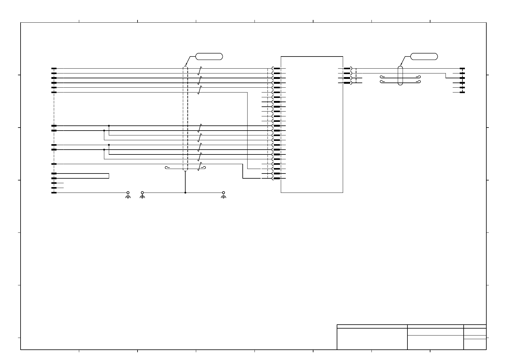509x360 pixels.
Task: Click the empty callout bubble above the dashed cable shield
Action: [x=209, y=56]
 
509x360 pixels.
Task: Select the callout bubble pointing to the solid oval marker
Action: [x=424, y=56]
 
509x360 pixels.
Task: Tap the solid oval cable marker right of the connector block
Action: [x=400, y=76]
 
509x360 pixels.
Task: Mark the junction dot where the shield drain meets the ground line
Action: [x=185, y=193]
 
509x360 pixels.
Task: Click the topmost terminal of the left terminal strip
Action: [x=54, y=69]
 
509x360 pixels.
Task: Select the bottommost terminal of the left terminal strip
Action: [x=54, y=193]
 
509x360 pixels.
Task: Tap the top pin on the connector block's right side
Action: [x=347, y=69]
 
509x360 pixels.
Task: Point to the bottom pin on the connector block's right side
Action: [x=347, y=83]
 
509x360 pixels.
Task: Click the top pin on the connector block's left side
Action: [x=277, y=69]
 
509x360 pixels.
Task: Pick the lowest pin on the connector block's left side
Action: [x=277, y=178]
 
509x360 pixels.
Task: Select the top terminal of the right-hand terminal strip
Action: [x=462, y=69]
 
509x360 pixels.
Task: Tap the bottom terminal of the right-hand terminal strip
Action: [x=462, y=92]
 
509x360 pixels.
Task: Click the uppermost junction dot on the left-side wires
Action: [x=109, y=126]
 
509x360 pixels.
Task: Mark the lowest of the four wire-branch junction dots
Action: [x=104, y=149]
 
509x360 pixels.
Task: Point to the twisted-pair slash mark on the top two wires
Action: [x=199, y=71]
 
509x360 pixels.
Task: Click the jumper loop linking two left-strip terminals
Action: [x=109, y=176]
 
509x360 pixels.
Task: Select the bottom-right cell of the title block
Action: [x=475, y=344]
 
